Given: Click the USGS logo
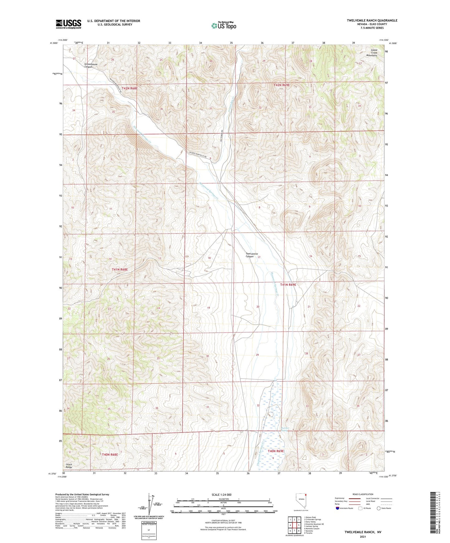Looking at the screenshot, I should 69,24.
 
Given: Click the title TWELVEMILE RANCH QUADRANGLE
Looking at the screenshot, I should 372,21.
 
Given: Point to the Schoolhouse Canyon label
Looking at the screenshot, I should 91,66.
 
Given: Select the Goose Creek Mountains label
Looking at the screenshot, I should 372,53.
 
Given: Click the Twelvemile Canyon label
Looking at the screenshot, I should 252,255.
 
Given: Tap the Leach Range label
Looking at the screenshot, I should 69,466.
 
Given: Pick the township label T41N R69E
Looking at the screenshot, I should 288,285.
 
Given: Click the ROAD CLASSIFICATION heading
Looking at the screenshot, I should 363,494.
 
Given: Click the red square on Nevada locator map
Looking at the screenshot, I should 306,495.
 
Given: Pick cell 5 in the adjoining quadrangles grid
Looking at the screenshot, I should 298,525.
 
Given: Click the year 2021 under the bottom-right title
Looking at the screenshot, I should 362,537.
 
